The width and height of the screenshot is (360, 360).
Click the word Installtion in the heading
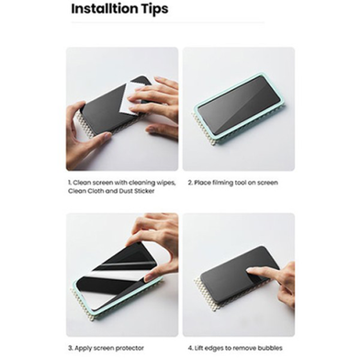pyautogui.click(x=105, y=8)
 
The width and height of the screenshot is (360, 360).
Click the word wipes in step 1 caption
pyautogui.click(x=166, y=183)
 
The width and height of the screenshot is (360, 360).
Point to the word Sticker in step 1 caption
pyautogui.click(x=144, y=191)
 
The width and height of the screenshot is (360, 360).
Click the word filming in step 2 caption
pyautogui.click(x=223, y=183)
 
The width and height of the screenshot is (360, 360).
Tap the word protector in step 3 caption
pyautogui.click(x=129, y=348)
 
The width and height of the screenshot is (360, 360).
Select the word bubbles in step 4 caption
pyautogui.click(x=270, y=348)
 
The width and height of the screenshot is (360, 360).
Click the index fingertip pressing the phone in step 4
pyautogui.click(x=251, y=271)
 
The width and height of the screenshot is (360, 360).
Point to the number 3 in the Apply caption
pyautogui.click(x=70, y=348)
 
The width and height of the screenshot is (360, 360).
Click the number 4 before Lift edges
pyautogui.click(x=190, y=348)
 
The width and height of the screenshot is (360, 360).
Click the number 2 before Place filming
pyautogui.click(x=190, y=183)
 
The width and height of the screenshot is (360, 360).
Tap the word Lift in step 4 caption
pyautogui.click(x=198, y=348)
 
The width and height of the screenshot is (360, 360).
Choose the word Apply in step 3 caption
pyautogui.click(x=83, y=348)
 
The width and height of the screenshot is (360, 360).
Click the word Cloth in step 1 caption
pyautogui.click(x=93, y=191)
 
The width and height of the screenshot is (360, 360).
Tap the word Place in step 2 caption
pyautogui.click(x=203, y=183)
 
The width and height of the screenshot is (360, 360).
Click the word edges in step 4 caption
pyautogui.click(x=212, y=348)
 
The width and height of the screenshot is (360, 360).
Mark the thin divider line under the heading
pyautogui.click(x=168, y=22)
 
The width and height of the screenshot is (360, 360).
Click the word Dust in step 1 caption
pyautogui.click(x=125, y=191)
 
